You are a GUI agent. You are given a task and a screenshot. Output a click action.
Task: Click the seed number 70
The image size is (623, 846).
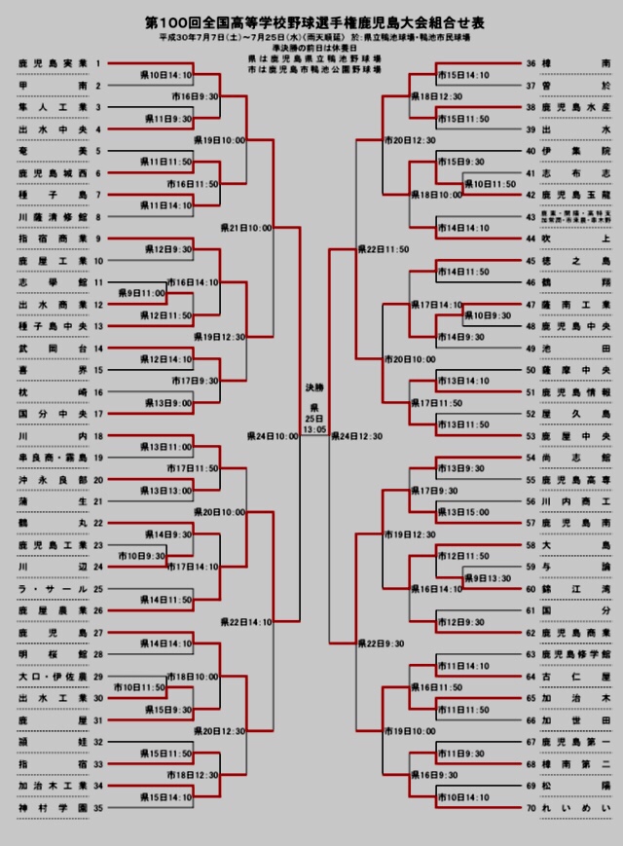click(531, 807)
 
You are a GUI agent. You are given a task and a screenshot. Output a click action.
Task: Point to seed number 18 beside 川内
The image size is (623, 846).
click(97, 436)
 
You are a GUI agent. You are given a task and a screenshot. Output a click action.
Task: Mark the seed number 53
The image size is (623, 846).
click(531, 436)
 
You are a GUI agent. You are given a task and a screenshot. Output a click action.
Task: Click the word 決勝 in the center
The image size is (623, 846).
click(314, 386)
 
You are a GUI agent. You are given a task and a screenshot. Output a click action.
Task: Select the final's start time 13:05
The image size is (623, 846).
click(314, 428)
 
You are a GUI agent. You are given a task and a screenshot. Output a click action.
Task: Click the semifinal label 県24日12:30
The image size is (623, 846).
click(357, 436)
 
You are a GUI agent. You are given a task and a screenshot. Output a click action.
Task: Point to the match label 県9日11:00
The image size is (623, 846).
click(142, 292)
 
